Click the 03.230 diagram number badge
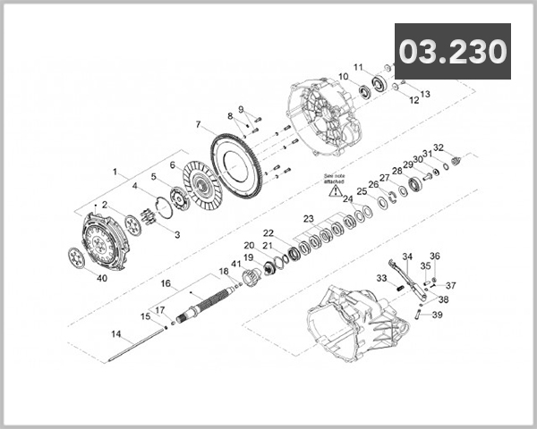[453, 51]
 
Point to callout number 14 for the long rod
[115, 333]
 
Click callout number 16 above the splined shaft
[165, 282]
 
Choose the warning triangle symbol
[334, 190]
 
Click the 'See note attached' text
[334, 177]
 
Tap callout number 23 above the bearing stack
[307, 218]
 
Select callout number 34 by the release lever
[406, 256]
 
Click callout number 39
[438, 315]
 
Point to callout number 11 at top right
[357, 68]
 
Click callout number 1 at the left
[115, 170]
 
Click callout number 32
[438, 147]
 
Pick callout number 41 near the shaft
[236, 264]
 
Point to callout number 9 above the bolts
[240, 109]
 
